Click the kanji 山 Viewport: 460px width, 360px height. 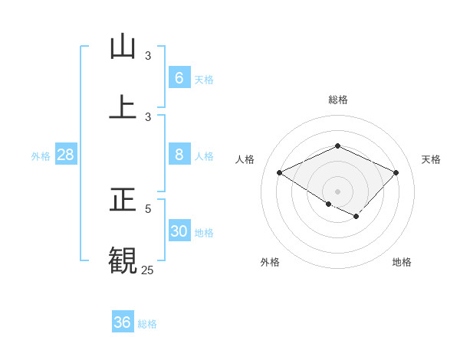pos(123,47)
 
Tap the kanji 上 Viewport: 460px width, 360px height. pos(123,106)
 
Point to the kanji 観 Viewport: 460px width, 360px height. pos(123,260)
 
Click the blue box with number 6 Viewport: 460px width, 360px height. pos(179,78)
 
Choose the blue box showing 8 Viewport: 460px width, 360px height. pos(179,155)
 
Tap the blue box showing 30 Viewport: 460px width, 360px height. pos(179,231)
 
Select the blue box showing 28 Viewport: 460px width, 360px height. pos(65,155)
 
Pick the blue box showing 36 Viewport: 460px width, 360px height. pos(122,322)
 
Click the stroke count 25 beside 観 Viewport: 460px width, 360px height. pos(147,270)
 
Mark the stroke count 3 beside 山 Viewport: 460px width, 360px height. pos(148,56)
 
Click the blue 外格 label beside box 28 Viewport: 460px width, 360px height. pos(41,156)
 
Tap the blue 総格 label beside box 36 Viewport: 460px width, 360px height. pos(147,324)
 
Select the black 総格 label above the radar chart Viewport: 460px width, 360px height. pos(337,100)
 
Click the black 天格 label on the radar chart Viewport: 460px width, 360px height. pos(431,159)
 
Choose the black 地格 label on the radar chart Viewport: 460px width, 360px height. pos(402,262)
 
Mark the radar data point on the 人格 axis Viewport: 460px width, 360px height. pos(280,173)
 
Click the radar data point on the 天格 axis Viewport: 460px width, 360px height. pos(396,173)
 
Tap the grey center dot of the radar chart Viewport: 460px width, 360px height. pos(337,191)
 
